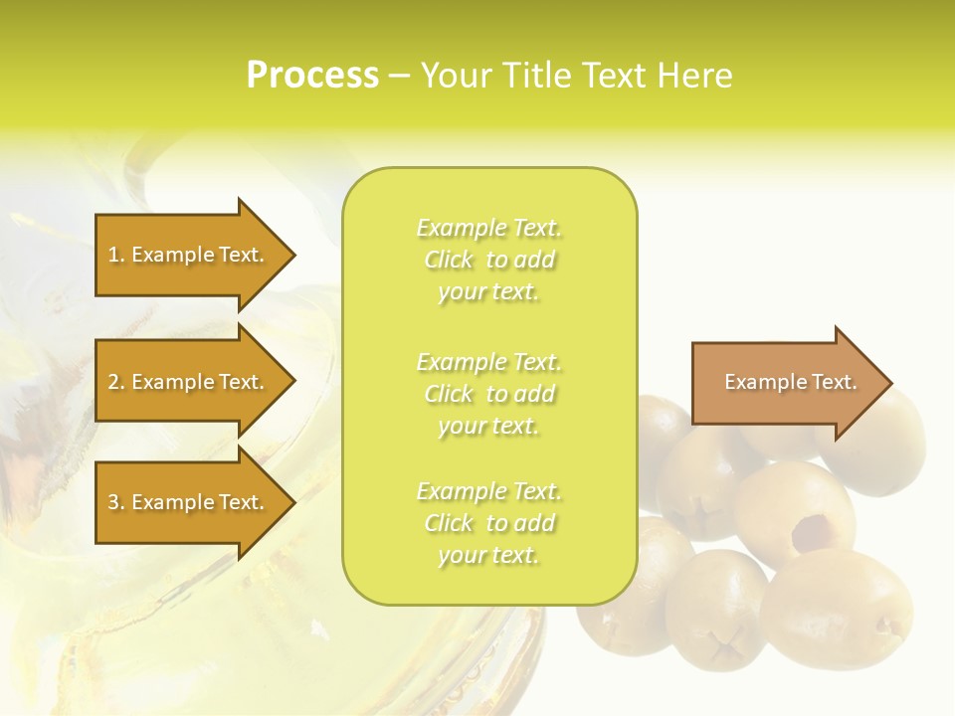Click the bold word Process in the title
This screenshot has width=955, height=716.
tap(312, 76)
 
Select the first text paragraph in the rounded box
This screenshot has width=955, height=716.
tap(488, 260)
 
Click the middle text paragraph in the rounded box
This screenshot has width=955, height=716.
tap(488, 394)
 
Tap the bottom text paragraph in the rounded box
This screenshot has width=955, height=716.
tap(488, 523)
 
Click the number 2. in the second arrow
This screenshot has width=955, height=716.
tap(116, 382)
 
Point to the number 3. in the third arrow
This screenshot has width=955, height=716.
tap(116, 502)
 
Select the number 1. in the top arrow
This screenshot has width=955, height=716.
tap(116, 255)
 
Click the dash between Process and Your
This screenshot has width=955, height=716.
tap(399, 77)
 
